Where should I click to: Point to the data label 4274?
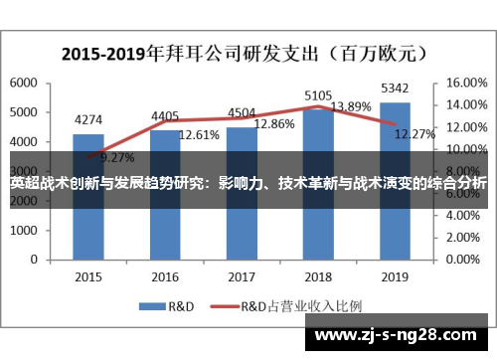[x=88, y=121]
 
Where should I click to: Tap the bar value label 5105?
[x=318, y=96]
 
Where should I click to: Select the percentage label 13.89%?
[x=350, y=106]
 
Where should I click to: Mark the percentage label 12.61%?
[x=198, y=133]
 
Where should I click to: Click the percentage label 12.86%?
[x=273, y=125]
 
